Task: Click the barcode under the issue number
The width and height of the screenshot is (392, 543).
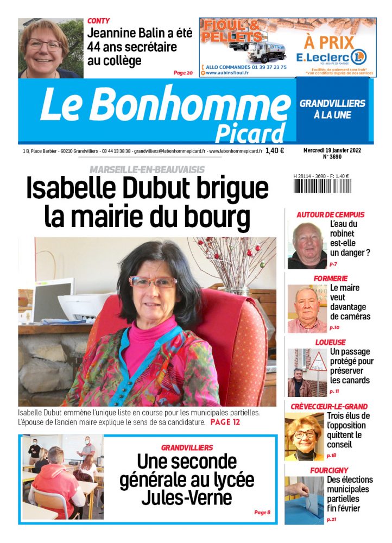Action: click(x=322, y=187)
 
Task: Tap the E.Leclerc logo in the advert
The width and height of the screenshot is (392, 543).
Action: click(x=331, y=56)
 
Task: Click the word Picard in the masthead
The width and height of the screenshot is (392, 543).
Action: click(x=250, y=132)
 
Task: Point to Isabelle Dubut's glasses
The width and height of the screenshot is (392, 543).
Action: click(x=153, y=282)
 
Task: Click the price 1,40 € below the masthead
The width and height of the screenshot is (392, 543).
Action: click(x=275, y=151)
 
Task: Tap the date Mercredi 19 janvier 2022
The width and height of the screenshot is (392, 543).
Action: click(x=331, y=150)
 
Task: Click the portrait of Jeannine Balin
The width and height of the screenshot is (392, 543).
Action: click(x=50, y=48)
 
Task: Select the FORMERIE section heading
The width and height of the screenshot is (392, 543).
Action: click(x=331, y=279)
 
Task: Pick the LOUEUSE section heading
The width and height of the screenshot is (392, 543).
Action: click(x=330, y=343)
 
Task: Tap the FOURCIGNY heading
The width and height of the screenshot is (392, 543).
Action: click(x=329, y=470)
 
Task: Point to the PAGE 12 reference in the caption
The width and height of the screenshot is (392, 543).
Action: click(x=225, y=422)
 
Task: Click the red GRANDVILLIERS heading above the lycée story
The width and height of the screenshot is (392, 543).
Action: click(x=187, y=447)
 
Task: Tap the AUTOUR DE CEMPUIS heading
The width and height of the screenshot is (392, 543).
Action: click(x=330, y=214)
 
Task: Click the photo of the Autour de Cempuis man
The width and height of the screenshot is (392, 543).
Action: click(x=307, y=245)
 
